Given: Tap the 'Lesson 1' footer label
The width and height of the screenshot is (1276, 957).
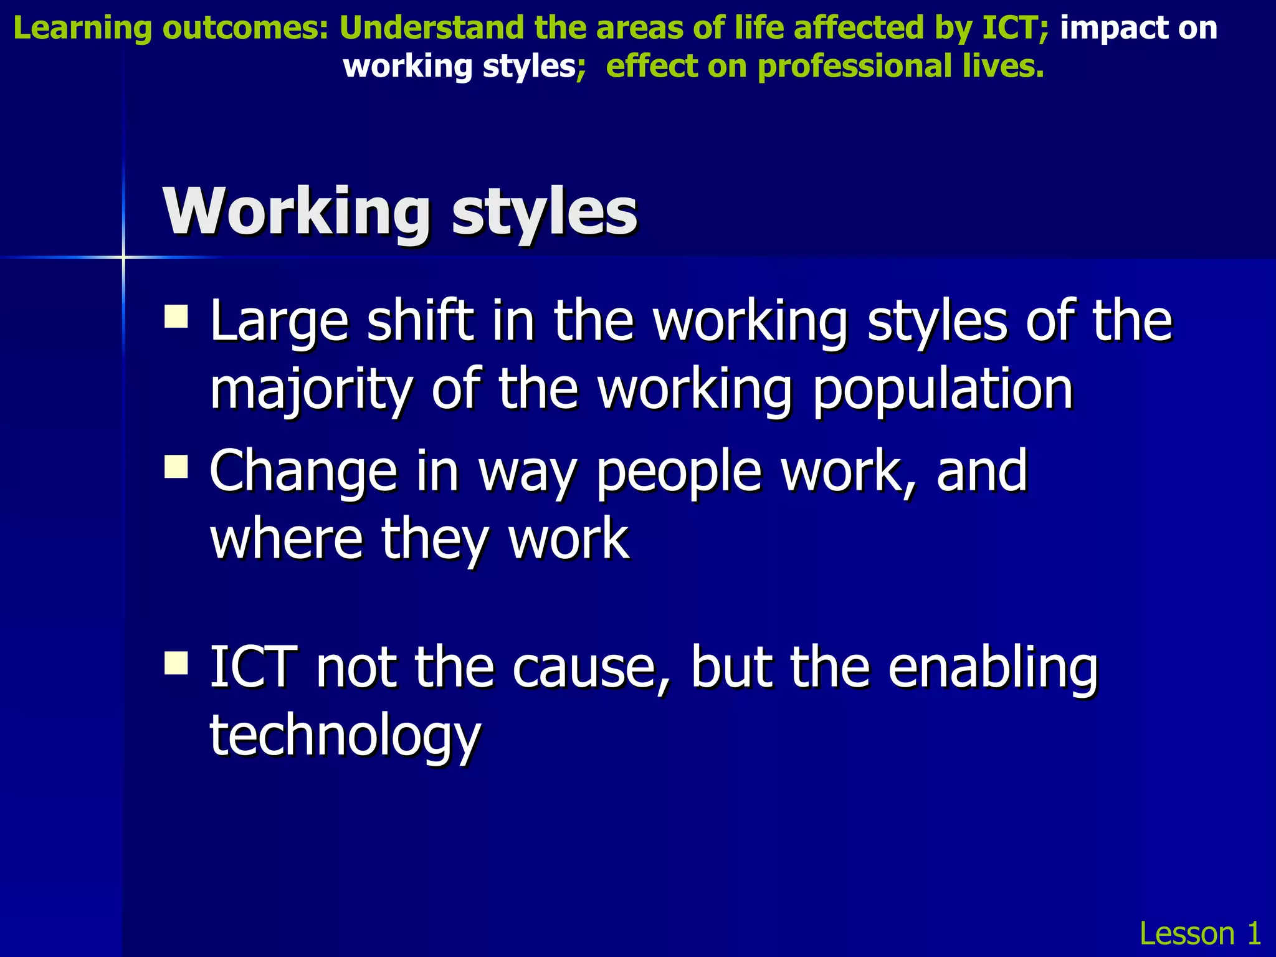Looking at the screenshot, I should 1199,933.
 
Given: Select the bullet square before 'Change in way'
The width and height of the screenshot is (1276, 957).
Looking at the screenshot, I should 176,466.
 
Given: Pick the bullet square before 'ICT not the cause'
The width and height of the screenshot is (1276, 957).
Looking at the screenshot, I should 176,663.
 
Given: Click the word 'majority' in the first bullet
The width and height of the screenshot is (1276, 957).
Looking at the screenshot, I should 311,389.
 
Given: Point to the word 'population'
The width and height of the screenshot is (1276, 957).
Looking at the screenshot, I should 943,389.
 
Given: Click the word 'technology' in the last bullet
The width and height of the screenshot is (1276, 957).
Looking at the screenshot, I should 345,735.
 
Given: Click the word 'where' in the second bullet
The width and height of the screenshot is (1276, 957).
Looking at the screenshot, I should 287,538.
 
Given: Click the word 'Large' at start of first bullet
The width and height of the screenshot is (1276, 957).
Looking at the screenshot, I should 279,321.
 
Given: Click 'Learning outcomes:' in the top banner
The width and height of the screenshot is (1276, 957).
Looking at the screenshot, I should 170,28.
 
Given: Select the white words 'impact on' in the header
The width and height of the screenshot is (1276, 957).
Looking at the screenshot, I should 1138,28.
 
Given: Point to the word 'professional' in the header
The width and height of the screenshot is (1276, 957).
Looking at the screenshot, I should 854,66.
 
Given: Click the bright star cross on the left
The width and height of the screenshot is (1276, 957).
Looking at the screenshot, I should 123,257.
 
